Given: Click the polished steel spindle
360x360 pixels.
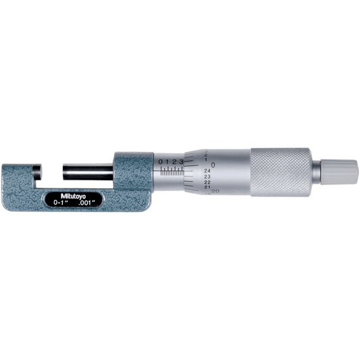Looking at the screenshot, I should point(88,169).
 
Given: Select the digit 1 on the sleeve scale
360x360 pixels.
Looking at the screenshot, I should point(167,162).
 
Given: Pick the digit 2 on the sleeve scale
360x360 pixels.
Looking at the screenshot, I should point(174,162).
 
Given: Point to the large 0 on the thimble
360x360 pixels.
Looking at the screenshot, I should point(213,164).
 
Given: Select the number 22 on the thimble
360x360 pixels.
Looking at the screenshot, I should point(206,183).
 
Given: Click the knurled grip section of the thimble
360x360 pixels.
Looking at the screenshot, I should point(280,170).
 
